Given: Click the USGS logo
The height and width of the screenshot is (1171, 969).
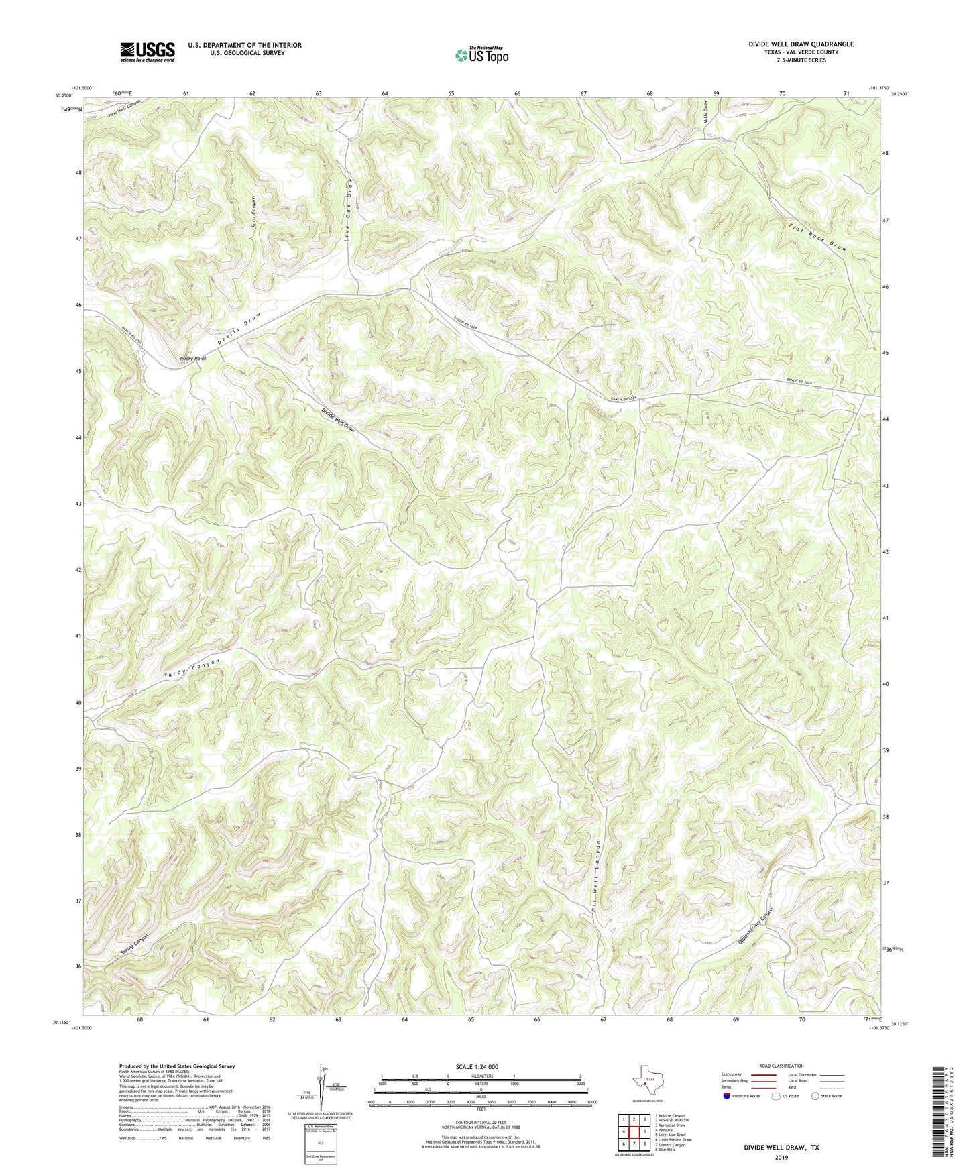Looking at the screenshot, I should (148, 51).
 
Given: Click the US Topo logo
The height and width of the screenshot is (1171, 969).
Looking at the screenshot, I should (481, 55).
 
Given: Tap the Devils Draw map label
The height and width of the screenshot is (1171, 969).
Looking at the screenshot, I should (238, 329).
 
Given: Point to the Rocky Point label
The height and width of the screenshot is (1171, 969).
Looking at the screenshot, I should (193, 359).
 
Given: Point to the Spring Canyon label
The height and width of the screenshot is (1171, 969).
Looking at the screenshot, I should (135, 944).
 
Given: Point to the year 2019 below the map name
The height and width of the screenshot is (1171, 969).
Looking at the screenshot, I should (781, 1158).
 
